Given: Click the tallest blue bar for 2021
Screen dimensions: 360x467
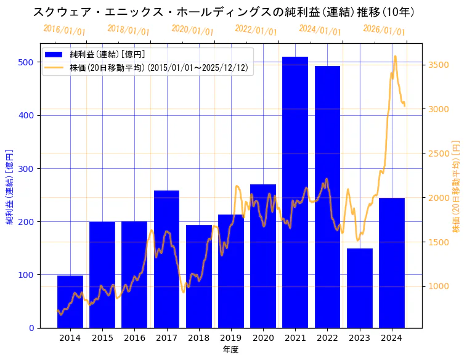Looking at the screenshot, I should tap(295, 191).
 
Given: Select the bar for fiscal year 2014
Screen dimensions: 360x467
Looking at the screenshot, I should tap(70, 302).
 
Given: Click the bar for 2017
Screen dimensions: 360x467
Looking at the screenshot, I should tap(166, 259).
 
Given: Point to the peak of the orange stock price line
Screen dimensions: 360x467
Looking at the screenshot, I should tap(395, 56).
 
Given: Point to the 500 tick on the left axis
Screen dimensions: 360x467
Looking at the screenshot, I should tap(26, 62).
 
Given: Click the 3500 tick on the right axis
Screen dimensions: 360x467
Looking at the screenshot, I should tap(438, 65).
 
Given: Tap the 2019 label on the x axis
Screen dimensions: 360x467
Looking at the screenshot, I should tap(230, 337).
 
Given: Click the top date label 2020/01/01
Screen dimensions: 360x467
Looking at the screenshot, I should tap(192, 30).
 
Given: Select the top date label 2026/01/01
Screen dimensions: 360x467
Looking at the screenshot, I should tap(384, 30).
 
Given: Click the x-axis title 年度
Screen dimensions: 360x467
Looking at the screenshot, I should tap(230, 350).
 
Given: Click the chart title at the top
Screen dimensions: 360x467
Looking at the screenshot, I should tap(224, 12).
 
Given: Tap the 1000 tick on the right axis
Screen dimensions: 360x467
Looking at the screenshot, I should tap(438, 286).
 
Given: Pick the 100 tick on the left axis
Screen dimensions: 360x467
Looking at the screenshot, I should tap(26, 275).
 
